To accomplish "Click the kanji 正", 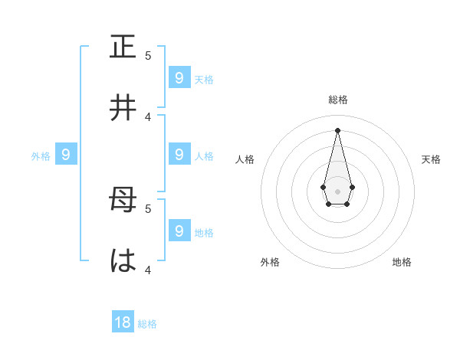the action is coord(123,47).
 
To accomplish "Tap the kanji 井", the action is coord(123,108).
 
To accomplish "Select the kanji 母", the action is coord(123,201).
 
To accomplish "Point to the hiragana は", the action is coord(123,261).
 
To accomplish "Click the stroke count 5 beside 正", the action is coord(148,56).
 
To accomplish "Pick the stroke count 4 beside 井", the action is coord(148,116).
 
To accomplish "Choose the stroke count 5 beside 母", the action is coord(148,208).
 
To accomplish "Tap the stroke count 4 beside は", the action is coord(148,270).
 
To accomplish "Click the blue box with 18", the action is coord(123,322).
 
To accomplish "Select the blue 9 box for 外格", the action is coord(66,155).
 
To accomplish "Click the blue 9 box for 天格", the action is coord(179,77).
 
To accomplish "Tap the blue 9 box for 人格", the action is coord(179,155).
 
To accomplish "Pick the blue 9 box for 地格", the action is coord(179,231).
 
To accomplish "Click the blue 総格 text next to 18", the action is coord(147,324).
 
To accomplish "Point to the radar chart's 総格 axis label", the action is coord(338,100).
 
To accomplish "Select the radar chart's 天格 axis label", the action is coord(431,159).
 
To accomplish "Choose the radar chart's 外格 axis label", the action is coord(270,262).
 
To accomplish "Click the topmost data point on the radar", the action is coord(337,129).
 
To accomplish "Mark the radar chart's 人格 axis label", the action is coord(245,159).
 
